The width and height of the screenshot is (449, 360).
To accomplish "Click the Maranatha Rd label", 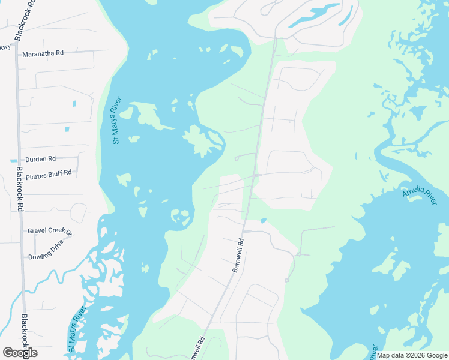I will tap(43, 53).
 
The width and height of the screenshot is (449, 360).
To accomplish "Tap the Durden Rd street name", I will tap(40, 160).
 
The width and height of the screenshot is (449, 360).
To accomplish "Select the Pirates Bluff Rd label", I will tap(49, 172).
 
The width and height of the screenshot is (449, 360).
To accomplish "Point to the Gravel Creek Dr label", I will tap(50, 232).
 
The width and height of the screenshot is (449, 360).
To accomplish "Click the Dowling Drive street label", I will tap(46, 257).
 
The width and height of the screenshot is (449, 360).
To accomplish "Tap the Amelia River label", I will tap(420, 195).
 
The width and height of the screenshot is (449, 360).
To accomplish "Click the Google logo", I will tap(20, 353).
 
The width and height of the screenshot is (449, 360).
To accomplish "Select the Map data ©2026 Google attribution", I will tap(412, 355).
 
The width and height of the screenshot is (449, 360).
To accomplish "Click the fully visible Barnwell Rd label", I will tap(238, 256).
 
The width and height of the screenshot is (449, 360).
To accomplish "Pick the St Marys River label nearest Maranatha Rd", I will tap(117, 120).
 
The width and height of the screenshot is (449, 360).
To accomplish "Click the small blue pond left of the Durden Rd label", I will tap(13, 161).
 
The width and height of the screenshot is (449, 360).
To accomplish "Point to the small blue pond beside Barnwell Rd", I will tap(263, 220).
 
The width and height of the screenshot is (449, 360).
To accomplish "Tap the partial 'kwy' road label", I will tap(5, 47).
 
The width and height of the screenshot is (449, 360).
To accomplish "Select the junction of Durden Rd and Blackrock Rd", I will tap(19, 160).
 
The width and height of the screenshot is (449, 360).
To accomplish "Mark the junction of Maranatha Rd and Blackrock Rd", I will tap(17, 53).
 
